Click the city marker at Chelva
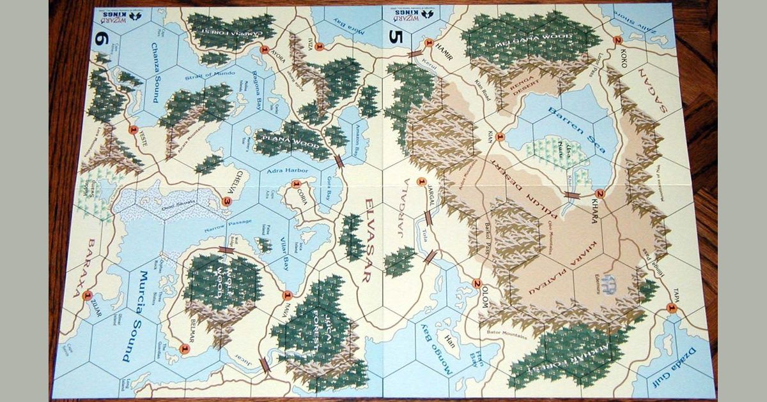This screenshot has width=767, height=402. tap(226, 202)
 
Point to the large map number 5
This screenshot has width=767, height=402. tap(394, 36)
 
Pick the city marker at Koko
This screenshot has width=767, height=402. tap(617, 40)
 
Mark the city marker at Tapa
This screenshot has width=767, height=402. tap(671, 308)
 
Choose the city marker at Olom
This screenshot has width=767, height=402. tap(476, 285)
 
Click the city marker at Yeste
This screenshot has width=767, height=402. tap(133, 130)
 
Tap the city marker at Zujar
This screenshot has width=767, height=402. tap(88, 294)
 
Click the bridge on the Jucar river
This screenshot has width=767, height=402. tap(265, 364)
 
